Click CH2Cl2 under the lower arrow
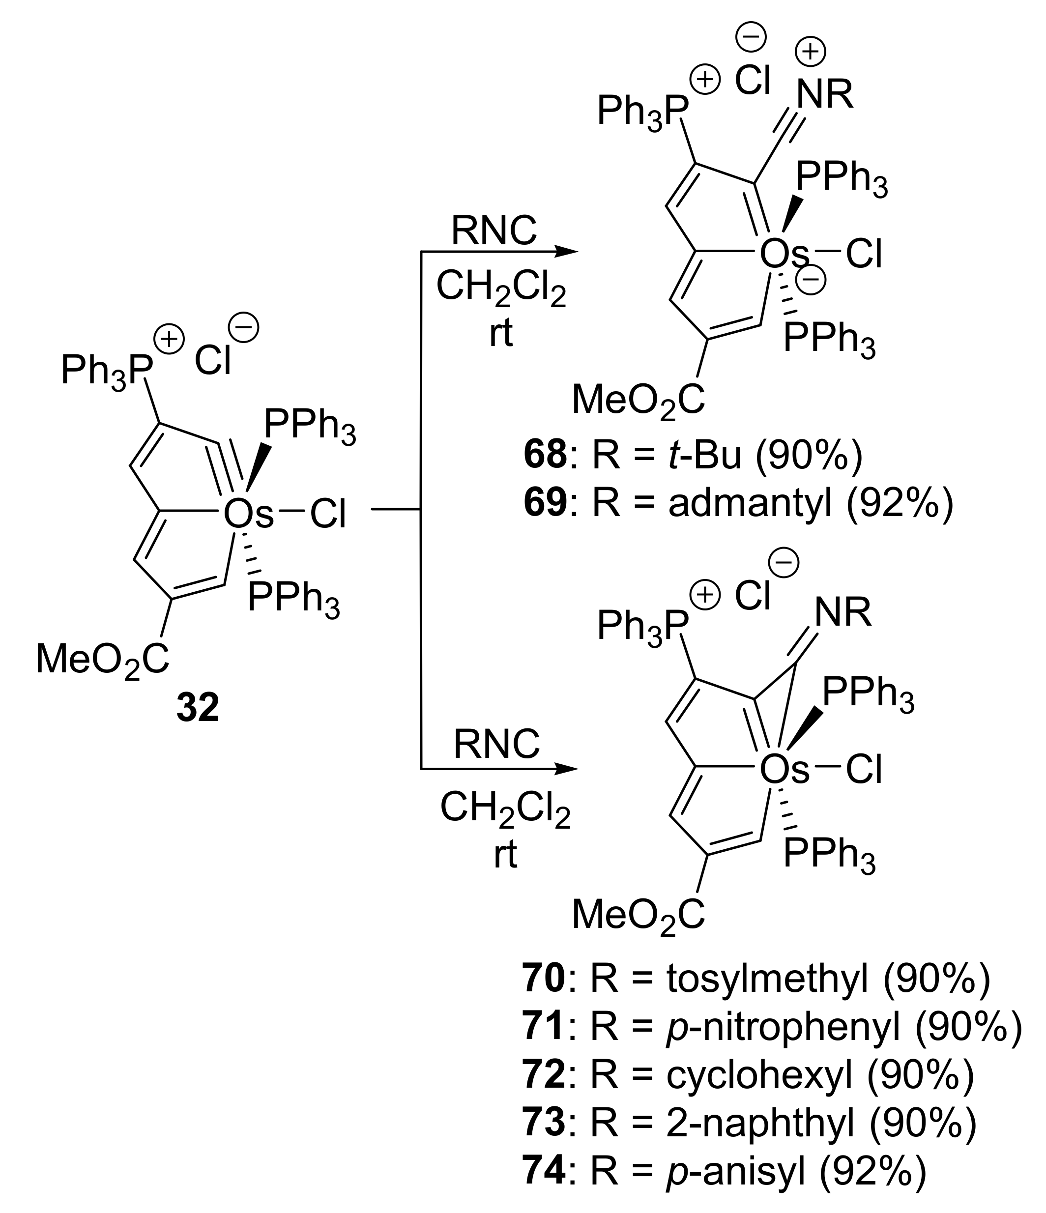(504, 809)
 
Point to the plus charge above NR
(810, 52)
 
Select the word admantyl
(750, 503)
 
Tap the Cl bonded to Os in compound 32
(328, 515)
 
